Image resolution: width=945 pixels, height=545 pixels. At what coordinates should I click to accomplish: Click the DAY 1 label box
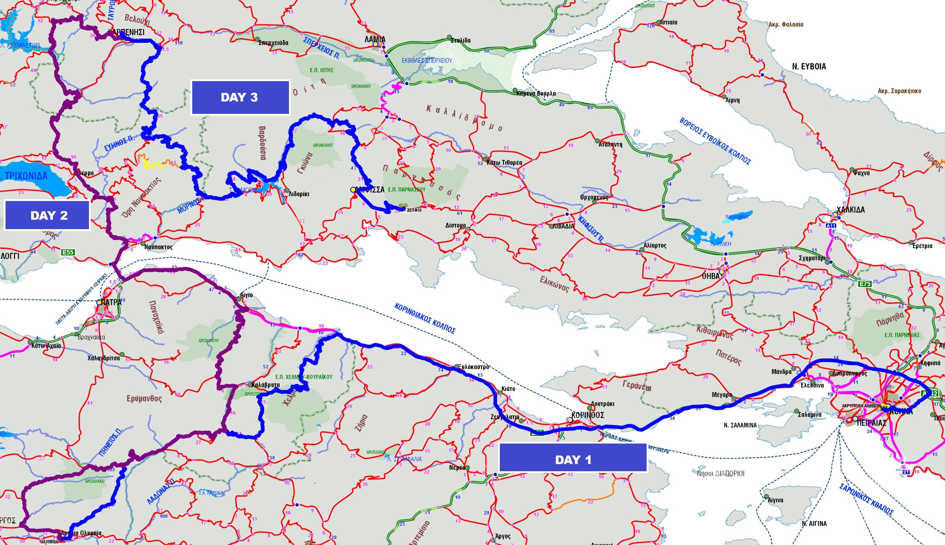click(573, 460)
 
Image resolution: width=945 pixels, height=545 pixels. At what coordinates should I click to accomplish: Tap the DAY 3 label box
click(240, 97)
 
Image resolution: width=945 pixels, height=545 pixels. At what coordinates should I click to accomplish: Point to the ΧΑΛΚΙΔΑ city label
click(850, 210)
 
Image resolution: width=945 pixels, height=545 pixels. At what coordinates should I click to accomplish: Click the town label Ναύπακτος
click(158, 247)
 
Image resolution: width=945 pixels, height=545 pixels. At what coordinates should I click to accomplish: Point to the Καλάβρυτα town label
click(266, 385)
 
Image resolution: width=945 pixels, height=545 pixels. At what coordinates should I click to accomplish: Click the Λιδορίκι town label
click(299, 194)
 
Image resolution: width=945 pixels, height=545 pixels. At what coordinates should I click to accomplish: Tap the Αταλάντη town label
click(610, 144)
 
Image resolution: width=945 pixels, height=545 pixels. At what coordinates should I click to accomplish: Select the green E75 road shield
click(865, 284)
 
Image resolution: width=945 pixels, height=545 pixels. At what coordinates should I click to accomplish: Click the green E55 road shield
click(68, 252)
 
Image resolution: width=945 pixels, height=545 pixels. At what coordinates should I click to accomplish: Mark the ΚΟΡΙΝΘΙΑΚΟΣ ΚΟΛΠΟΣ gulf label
click(425, 318)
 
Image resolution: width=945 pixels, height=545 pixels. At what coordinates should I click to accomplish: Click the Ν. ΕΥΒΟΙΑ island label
click(809, 66)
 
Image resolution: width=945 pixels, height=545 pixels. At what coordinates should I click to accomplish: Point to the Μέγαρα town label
click(722, 395)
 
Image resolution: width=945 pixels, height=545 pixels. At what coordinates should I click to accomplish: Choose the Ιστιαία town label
click(669, 22)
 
